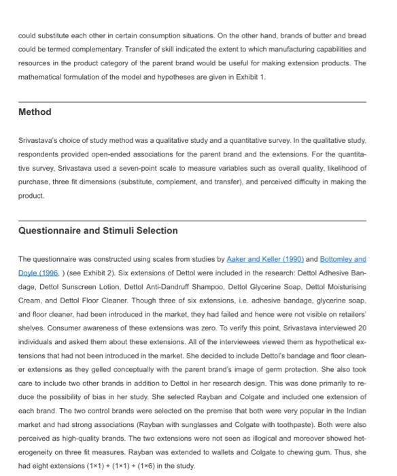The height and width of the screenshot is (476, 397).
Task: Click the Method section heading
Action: (35, 112)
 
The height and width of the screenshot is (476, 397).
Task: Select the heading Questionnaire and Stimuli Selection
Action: (98, 231)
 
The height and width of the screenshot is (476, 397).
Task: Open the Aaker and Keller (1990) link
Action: (264, 259)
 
